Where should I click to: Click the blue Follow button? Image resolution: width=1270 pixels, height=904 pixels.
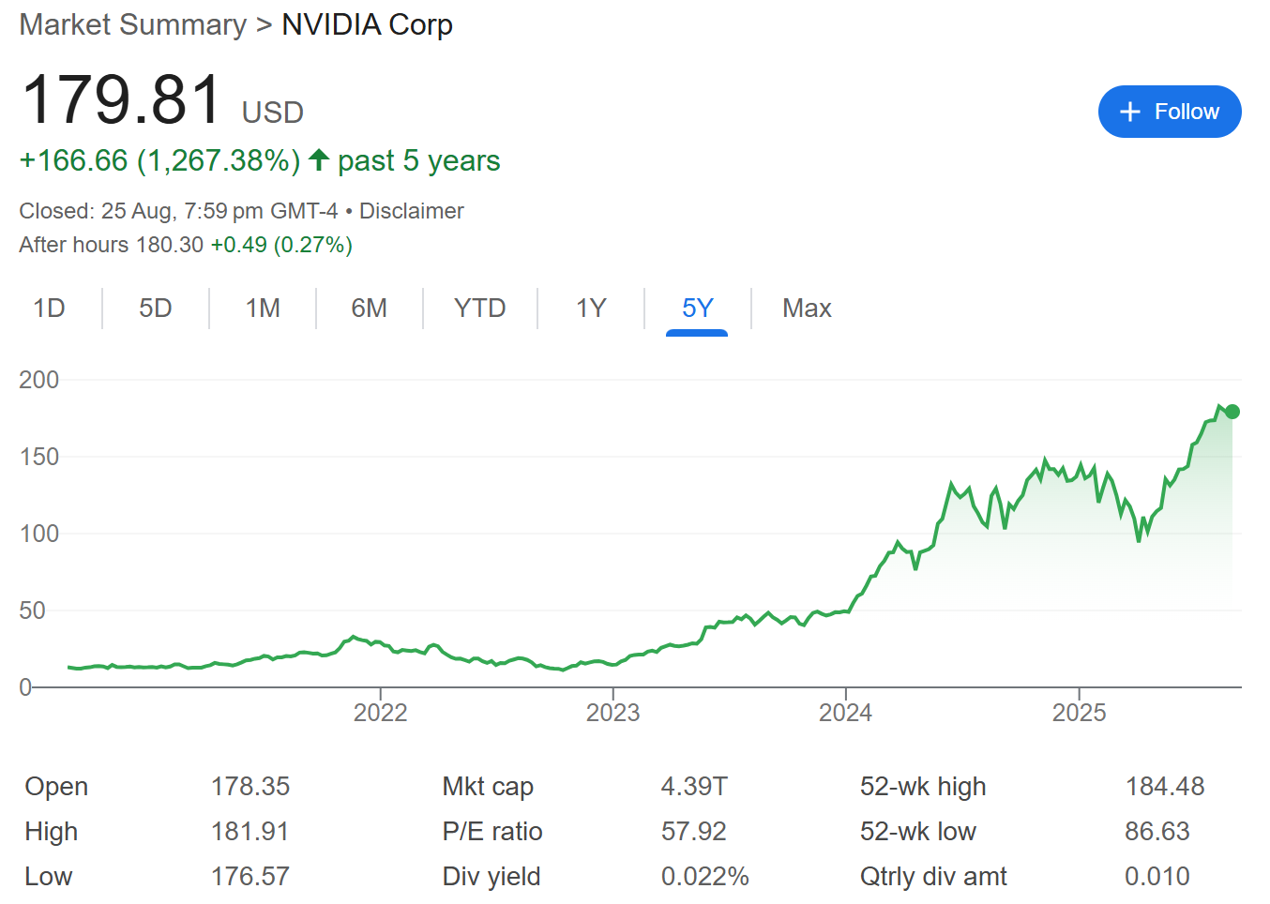[x=1169, y=112]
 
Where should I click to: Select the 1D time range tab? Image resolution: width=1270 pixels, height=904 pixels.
[x=49, y=309]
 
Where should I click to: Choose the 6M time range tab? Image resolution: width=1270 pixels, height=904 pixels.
[x=369, y=309]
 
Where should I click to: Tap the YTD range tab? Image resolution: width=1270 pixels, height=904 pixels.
[x=479, y=309]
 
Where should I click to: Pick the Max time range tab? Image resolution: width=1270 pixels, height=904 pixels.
[x=807, y=309]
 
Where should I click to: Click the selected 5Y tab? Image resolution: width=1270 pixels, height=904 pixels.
[x=697, y=309]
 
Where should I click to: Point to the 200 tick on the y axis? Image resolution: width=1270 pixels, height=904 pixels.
[x=38, y=380]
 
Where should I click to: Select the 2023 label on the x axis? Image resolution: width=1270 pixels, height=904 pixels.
[x=612, y=713]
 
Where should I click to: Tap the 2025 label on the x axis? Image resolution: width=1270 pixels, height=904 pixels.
[x=1079, y=713]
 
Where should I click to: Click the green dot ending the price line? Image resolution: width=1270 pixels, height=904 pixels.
[x=1232, y=412]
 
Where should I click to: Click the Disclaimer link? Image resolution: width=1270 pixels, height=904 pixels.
[x=411, y=211]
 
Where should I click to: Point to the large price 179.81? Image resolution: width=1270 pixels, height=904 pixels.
[x=122, y=99]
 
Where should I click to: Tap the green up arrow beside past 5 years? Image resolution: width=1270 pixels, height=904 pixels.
[x=319, y=160]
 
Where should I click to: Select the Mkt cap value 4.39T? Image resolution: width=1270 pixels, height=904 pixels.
[x=693, y=787]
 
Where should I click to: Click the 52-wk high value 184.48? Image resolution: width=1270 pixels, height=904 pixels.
[x=1164, y=787]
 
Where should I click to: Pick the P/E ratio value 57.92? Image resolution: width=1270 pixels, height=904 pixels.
[x=693, y=832]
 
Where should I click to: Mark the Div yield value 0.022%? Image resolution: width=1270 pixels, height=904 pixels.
[x=704, y=877]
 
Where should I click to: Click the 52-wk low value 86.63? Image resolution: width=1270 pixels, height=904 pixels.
[x=1157, y=832]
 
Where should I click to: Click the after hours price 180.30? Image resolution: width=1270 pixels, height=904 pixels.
[x=170, y=245]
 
